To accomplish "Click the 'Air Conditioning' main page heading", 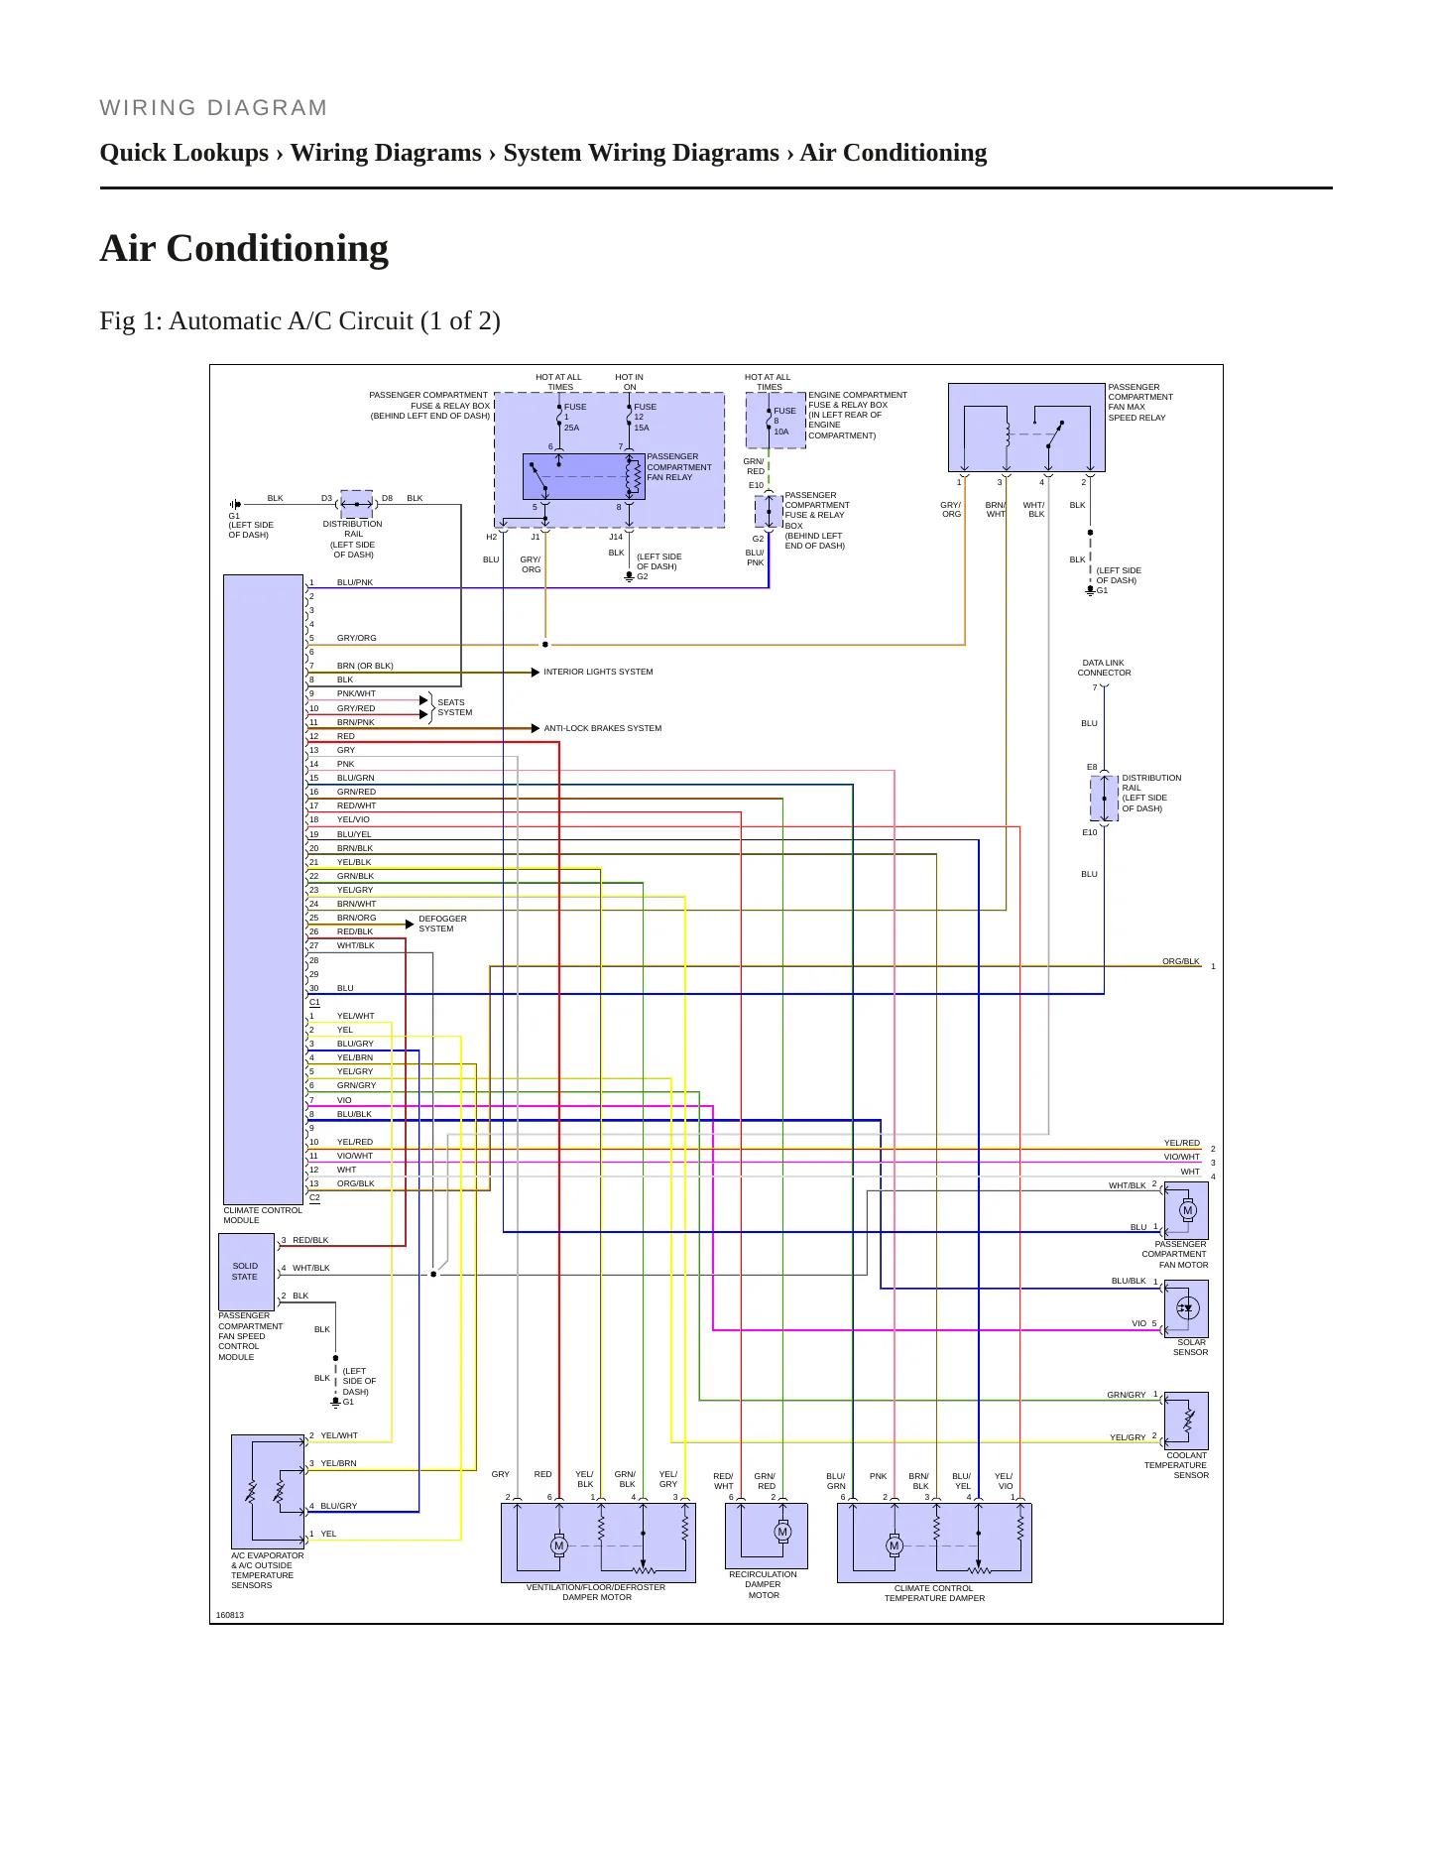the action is [x=244, y=248].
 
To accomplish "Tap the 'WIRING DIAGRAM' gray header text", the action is [x=213, y=108].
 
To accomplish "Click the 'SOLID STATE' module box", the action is [x=246, y=1272].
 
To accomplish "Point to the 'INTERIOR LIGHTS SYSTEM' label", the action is [x=598, y=672].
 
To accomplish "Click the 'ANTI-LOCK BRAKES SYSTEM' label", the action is [x=602, y=728].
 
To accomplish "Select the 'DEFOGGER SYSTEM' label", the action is [x=442, y=924].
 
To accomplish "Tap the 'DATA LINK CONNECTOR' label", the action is [x=1104, y=668].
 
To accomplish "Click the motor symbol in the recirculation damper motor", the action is [x=782, y=1533].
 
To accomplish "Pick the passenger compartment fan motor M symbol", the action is [x=1188, y=1210].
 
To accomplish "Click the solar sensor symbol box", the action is [x=1187, y=1308].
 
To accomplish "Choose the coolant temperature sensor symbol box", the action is [x=1187, y=1421].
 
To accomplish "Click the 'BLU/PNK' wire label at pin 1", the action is [x=355, y=582].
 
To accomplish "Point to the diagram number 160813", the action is [x=230, y=1615].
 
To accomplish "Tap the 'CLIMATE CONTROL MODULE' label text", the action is [x=263, y=1215].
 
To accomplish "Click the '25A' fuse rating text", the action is [x=571, y=428].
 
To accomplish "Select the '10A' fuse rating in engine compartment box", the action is [x=781, y=432].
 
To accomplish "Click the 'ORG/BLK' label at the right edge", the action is [x=1181, y=961].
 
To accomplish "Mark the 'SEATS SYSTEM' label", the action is [x=455, y=707].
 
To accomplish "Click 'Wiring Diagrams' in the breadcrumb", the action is [x=386, y=153].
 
